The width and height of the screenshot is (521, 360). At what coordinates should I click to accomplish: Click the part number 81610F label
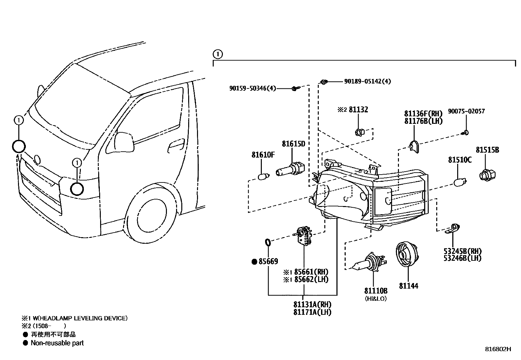pyautogui.click(x=263, y=155)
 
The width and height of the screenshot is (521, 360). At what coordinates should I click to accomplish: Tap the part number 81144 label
pyautogui.click(x=408, y=286)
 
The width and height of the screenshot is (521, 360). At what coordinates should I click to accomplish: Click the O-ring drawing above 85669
pyautogui.click(x=267, y=243)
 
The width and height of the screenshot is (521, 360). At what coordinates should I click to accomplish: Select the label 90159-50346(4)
pyautogui.click(x=253, y=88)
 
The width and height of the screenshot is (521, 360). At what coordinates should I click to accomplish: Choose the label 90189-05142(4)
pyautogui.click(x=367, y=81)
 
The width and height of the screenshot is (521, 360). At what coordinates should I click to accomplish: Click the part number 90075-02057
pyautogui.click(x=466, y=111)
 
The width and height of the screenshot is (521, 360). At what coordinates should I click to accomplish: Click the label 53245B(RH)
pyautogui.click(x=462, y=251)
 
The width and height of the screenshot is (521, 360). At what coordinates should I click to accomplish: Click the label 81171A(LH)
pyautogui.click(x=312, y=312)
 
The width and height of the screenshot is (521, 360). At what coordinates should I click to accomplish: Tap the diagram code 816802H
pyautogui.click(x=497, y=349)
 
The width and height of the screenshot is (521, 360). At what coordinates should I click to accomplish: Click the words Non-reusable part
pyautogui.click(x=57, y=343)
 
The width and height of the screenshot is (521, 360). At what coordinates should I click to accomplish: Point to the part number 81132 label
pyautogui.click(x=358, y=110)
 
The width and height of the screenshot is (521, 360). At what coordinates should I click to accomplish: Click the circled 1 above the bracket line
pyautogui.click(x=217, y=54)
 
